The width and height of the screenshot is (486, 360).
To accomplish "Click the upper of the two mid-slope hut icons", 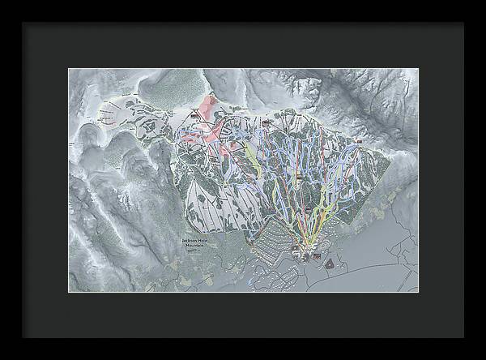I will point(298,176).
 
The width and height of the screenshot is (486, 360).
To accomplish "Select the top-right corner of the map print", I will point(418,69).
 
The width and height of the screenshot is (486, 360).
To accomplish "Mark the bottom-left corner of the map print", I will point(68,292).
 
